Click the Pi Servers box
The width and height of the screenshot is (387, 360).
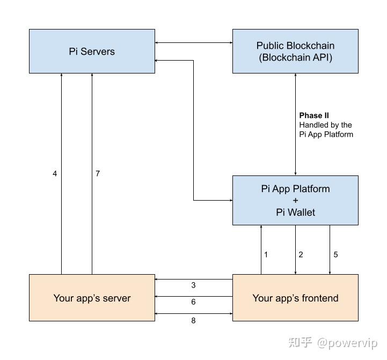click(x=92, y=52)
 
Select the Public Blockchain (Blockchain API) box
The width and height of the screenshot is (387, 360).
click(x=295, y=52)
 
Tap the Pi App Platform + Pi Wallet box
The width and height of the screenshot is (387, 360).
click(x=295, y=200)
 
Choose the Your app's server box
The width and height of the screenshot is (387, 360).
click(x=92, y=298)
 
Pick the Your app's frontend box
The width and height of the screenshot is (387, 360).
click(x=295, y=298)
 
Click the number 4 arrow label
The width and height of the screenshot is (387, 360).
click(x=55, y=174)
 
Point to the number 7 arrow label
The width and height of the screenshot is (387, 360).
click(x=97, y=174)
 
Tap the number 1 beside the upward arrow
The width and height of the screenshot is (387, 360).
click(x=266, y=254)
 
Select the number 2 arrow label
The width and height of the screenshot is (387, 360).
click(x=301, y=254)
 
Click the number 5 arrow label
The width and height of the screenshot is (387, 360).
click(x=335, y=254)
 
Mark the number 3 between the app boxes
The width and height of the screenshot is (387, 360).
click(x=193, y=285)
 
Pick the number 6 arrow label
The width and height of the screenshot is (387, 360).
click(x=193, y=302)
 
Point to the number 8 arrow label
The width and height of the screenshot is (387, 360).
click(x=193, y=321)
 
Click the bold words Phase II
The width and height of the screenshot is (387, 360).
click(x=314, y=115)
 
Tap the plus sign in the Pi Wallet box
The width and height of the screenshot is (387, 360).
click(x=295, y=201)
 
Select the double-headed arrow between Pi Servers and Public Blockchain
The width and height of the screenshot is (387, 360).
click(x=193, y=42)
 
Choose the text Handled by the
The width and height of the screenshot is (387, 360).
click(x=325, y=125)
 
